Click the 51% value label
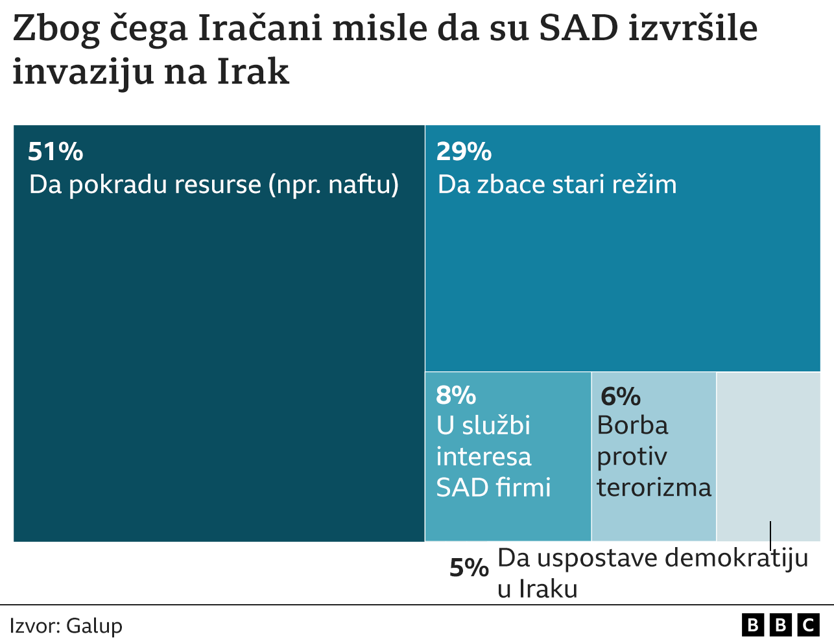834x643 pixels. [x=56, y=152]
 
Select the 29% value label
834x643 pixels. [x=464, y=152]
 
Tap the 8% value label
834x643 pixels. [x=456, y=395]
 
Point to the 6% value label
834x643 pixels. [x=621, y=396]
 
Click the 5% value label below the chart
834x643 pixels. [x=469, y=568]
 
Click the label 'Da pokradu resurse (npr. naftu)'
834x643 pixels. [x=214, y=185]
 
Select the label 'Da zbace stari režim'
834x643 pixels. [x=557, y=185]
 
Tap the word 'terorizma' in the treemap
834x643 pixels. [x=654, y=487]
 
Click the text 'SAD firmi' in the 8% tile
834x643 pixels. [x=494, y=487]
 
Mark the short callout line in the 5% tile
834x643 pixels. [x=770, y=535]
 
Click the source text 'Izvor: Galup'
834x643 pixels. [x=66, y=626]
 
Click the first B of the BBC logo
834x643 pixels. [x=753, y=625]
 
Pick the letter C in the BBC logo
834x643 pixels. [x=808, y=625]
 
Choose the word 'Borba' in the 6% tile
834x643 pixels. [x=632, y=426]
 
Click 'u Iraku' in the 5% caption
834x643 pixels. [x=537, y=589]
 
